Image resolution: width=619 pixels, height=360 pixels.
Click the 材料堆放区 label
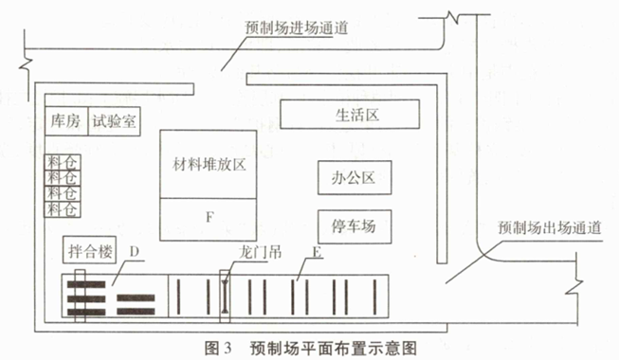tap(209, 165)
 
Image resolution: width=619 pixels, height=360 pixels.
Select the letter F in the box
tap(209, 217)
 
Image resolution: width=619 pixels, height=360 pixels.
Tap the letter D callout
tap(135, 251)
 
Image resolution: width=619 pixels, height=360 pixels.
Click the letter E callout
tap(317, 251)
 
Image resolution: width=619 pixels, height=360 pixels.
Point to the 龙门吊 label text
tap(260, 252)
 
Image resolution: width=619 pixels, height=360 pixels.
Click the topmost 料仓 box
tap(63, 162)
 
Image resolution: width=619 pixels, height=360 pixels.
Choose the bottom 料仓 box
tap(63, 209)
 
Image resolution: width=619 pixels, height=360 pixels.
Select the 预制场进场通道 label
tap(296, 28)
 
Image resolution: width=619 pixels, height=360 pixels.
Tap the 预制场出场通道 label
tap(550, 227)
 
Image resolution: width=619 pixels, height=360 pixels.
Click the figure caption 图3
tap(217, 349)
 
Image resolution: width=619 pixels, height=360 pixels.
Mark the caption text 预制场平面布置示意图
tap(334, 349)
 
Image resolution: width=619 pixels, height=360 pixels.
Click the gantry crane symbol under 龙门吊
tap(225, 296)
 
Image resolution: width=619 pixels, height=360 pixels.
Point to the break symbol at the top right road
tap(452, 17)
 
